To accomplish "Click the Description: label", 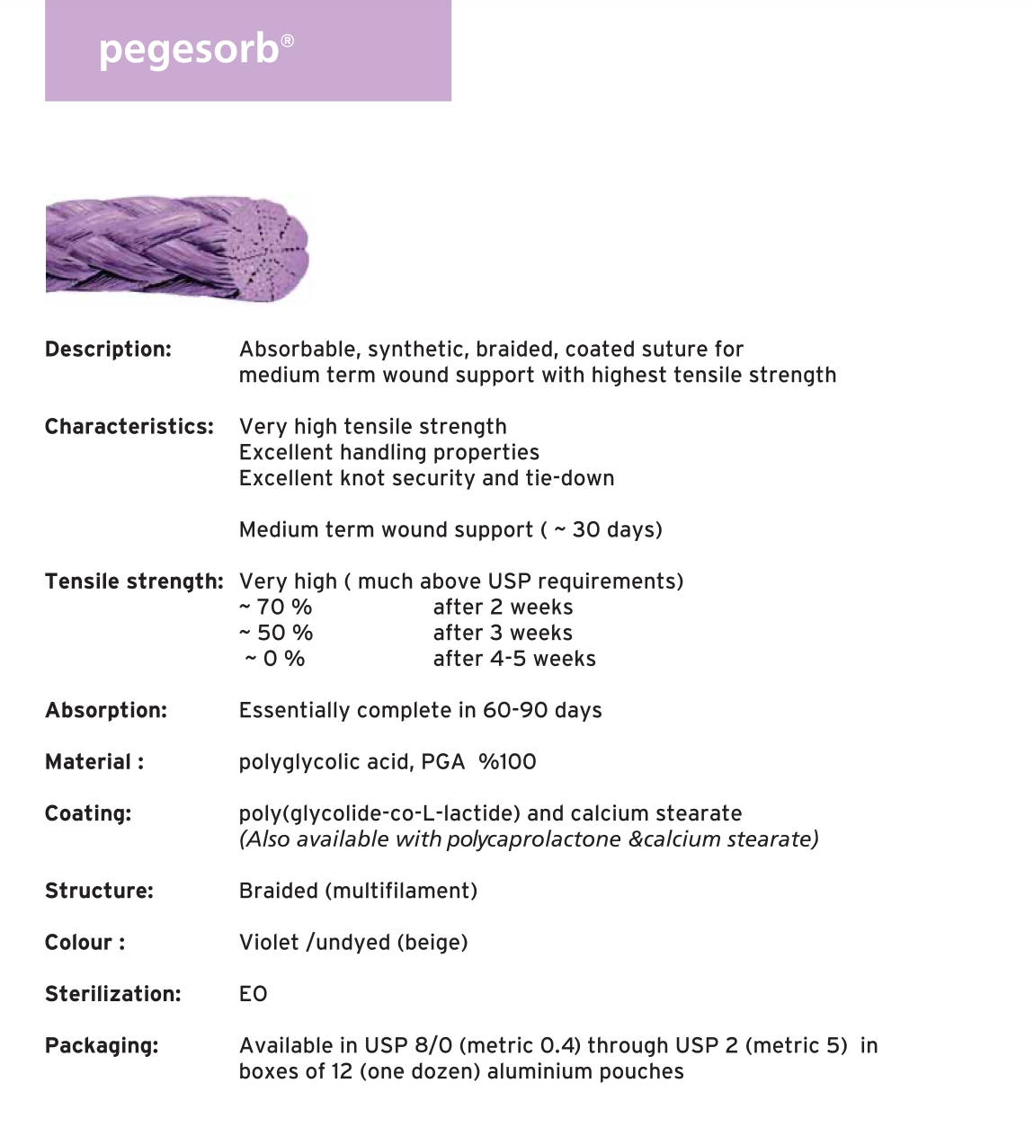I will (x=108, y=350).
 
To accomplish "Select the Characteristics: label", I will (x=129, y=427).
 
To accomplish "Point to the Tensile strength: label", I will (x=134, y=581).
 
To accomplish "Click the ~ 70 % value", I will (x=276, y=608).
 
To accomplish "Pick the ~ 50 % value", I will (x=276, y=634).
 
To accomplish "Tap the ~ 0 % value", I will (x=276, y=659).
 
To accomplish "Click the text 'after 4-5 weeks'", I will (x=514, y=659).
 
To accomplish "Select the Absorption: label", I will (x=106, y=711).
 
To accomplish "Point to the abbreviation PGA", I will (x=442, y=762).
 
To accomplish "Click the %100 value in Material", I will (x=507, y=762).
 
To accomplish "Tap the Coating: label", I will (x=88, y=814).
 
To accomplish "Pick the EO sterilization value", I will (x=254, y=994).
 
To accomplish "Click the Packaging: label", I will (x=102, y=1046).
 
